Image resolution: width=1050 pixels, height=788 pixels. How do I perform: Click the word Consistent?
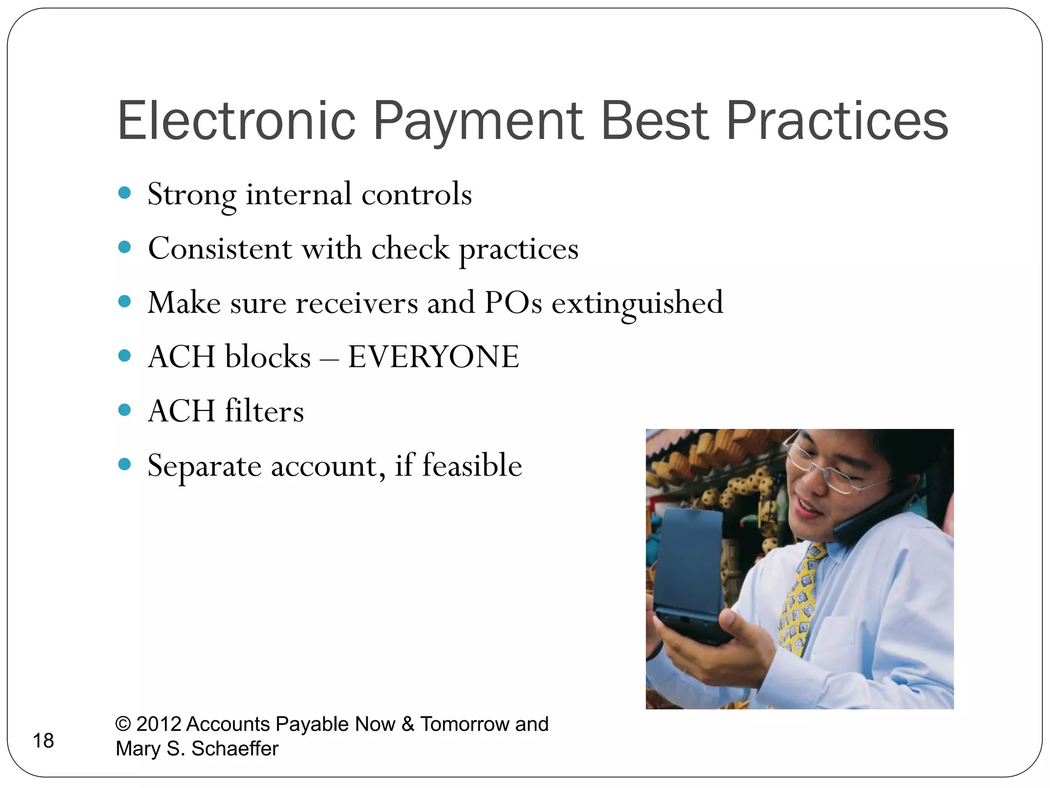click(220, 249)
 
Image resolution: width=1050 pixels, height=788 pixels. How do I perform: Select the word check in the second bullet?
click(410, 249)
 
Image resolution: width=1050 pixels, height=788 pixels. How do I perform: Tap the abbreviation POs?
click(513, 303)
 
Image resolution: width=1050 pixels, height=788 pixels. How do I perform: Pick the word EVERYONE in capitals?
click(433, 357)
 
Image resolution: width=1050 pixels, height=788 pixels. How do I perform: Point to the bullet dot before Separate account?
click(124, 465)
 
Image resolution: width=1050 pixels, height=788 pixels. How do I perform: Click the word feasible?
click(472, 466)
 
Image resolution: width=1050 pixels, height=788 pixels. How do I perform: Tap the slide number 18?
click(43, 741)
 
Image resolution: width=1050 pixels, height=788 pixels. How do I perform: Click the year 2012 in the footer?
click(158, 724)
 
